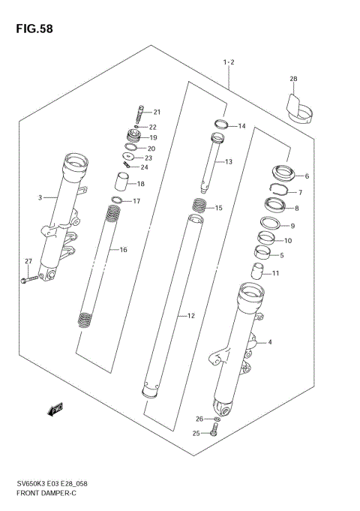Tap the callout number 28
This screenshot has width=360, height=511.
(x=293, y=79)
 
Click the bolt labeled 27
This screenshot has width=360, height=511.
(x=28, y=280)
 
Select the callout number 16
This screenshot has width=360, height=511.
(x=122, y=250)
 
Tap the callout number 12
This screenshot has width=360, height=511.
(x=190, y=316)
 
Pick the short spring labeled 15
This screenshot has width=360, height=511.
(x=199, y=205)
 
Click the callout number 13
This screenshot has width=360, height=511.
(x=228, y=161)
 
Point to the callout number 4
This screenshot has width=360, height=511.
(x=269, y=343)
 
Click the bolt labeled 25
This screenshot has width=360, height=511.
(x=215, y=430)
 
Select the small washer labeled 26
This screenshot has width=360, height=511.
(x=217, y=418)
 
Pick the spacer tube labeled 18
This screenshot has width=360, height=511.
(x=121, y=182)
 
